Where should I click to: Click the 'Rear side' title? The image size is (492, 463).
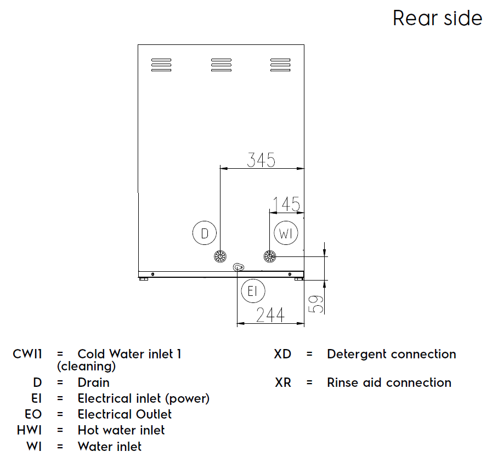point(437,18)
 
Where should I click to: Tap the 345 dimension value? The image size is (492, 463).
point(261,160)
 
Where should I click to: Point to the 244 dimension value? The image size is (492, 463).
point(270,315)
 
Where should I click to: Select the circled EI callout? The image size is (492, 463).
point(252,291)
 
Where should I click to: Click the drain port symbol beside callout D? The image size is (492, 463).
point(220,256)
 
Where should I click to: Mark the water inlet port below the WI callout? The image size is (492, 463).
point(270,256)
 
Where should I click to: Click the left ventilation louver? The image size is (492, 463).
point(161,65)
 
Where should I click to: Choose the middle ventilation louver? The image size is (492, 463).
point(221,65)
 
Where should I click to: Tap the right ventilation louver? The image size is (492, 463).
point(280,65)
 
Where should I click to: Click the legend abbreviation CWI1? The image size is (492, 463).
point(28,354)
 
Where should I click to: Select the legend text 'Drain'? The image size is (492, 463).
point(94,382)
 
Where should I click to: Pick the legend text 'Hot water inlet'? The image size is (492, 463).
point(121,430)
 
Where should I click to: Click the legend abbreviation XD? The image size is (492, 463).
point(282,354)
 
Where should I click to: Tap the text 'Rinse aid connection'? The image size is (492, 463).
point(389,382)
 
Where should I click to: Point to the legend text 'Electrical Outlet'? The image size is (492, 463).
point(125,414)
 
